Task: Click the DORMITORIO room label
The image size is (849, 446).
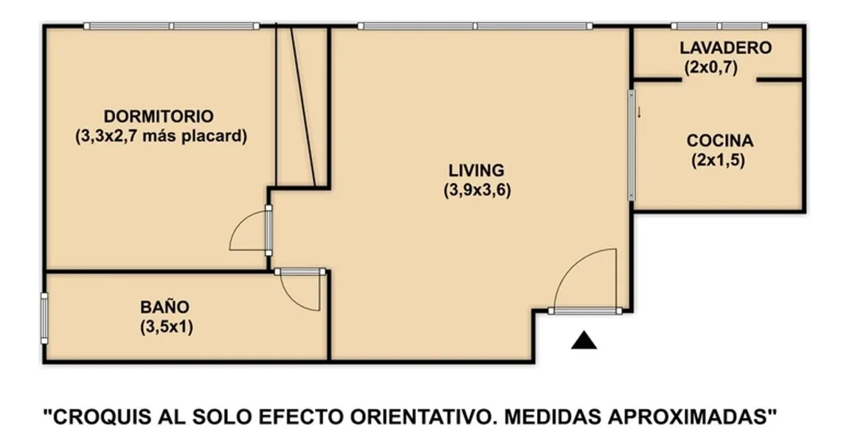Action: click(159, 116)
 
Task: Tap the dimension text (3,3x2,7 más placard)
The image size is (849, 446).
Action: click(161, 136)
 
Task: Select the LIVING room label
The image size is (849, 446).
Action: click(477, 170)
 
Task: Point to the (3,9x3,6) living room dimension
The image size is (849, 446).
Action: click(477, 190)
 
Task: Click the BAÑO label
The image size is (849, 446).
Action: click(165, 307)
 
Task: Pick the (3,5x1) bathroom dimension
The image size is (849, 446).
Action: click(167, 327)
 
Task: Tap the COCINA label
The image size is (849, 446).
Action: click(720, 141)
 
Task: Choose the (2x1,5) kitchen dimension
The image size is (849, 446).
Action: click(718, 161)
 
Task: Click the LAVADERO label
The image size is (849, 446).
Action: click(726, 48)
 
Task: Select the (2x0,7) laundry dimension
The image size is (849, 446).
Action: click(711, 68)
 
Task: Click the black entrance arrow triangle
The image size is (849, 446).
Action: click(584, 341)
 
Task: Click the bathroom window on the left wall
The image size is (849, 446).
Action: click(44, 318)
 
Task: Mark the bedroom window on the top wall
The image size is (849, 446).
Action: click(172, 26)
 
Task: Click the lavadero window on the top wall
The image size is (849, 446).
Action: click(720, 26)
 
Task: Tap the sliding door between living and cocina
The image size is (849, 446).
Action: click(631, 145)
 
